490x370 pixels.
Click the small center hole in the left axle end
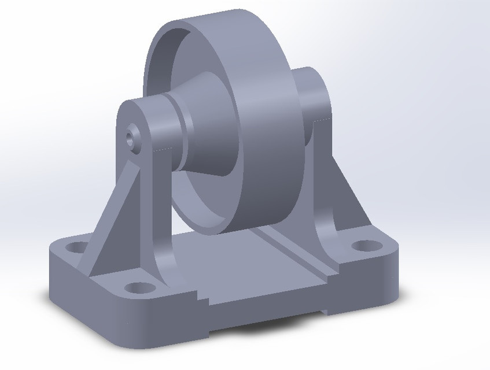(131, 137)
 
